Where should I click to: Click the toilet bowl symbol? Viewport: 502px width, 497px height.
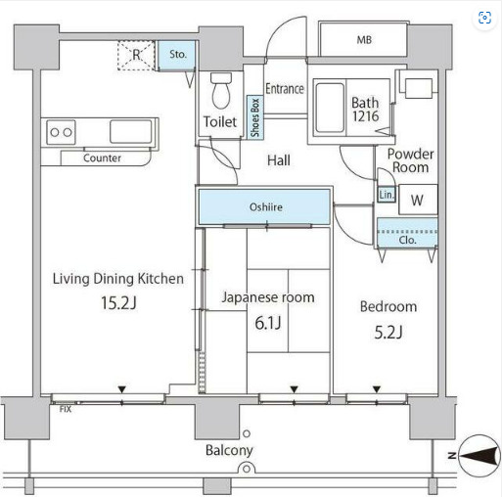click(221, 90)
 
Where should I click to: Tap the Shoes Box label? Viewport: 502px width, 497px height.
click(255, 117)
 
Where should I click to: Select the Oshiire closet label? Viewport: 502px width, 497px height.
click(266, 207)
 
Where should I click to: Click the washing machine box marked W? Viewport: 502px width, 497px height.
click(418, 200)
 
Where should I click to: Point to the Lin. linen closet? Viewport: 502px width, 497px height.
click(387, 195)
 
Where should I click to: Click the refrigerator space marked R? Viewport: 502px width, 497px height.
click(136, 55)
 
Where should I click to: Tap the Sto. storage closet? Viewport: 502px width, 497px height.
click(177, 55)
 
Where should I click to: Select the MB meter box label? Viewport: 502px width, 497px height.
click(364, 40)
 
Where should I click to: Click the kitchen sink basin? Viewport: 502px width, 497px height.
click(130, 132)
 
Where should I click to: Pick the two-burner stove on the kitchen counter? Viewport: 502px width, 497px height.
click(61, 132)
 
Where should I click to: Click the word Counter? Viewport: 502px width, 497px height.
click(102, 158)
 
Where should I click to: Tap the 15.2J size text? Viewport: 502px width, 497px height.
click(118, 303)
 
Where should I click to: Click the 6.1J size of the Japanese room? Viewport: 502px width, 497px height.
click(268, 323)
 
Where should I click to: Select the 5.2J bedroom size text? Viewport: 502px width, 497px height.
click(388, 333)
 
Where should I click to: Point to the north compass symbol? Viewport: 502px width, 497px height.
click(479, 456)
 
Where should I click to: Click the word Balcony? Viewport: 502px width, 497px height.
click(229, 451)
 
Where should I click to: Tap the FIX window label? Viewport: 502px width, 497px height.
click(66, 409)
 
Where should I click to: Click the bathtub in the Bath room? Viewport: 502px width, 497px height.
click(330, 108)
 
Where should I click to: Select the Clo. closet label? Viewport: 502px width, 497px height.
click(407, 241)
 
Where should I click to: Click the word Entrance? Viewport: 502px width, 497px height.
click(285, 89)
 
